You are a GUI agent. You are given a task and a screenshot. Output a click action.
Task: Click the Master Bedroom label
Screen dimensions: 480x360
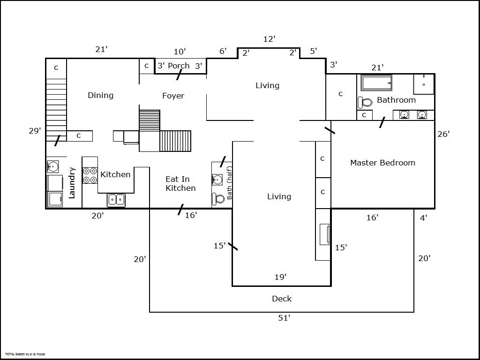click(382, 163)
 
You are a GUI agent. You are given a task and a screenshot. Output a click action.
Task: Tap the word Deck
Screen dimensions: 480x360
click(282, 299)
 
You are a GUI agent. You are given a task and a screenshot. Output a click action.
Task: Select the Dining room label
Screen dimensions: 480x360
click(101, 95)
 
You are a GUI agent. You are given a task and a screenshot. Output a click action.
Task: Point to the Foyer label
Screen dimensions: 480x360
click(173, 96)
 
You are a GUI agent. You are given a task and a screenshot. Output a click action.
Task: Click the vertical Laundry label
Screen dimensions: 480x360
click(72, 183)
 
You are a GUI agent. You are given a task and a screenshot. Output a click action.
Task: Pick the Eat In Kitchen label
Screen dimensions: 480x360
click(180, 183)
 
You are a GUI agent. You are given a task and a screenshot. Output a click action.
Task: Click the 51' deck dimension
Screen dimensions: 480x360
click(284, 318)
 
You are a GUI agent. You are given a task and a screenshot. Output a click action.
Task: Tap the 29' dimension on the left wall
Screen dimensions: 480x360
click(35, 131)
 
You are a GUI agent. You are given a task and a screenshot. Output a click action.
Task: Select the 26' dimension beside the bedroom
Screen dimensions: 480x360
click(443, 134)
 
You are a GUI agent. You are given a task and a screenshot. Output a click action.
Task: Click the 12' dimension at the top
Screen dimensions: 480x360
click(270, 39)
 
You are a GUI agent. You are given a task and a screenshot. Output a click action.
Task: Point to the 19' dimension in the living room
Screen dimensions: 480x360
click(280, 277)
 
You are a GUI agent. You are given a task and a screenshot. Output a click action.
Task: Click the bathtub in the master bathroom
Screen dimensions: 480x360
click(376, 82)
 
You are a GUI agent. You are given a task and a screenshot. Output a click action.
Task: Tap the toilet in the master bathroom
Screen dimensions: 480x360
click(365, 102)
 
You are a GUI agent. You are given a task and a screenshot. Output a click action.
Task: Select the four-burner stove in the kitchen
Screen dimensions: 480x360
click(90, 175)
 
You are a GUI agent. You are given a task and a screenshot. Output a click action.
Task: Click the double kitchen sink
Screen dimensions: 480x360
click(116, 200)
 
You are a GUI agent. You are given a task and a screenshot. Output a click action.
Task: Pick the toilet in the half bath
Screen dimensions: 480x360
click(218, 199)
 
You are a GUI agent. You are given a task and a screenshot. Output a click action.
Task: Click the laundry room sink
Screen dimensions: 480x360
click(52, 166)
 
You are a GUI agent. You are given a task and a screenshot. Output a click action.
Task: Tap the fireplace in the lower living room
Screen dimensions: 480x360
click(324, 234)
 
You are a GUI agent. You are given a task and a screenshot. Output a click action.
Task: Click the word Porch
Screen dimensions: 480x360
click(179, 66)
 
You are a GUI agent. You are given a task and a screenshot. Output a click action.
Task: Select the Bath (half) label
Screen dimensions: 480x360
click(229, 183)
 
